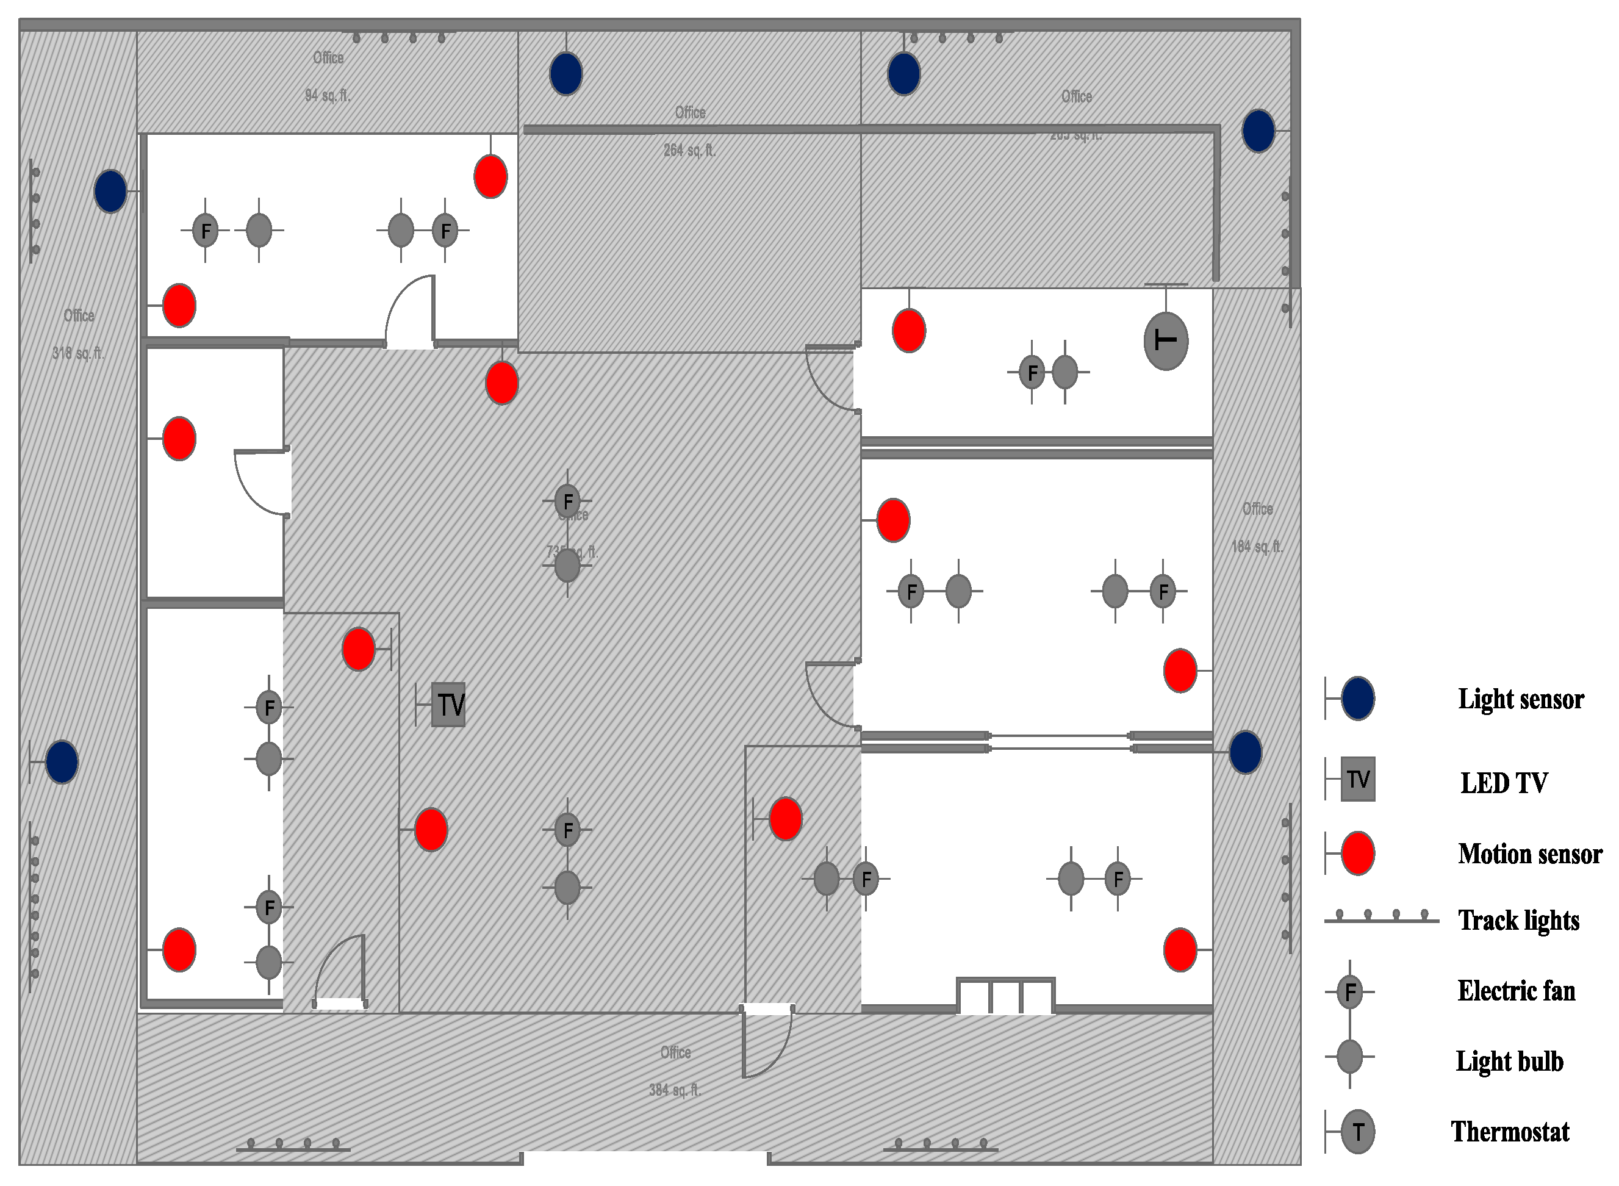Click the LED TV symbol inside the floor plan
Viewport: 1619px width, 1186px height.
click(x=448, y=704)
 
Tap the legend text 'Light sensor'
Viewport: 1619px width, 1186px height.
click(x=1520, y=699)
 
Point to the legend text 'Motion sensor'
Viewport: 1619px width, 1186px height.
click(x=1529, y=854)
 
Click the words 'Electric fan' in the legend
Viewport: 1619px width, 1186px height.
click(x=1516, y=991)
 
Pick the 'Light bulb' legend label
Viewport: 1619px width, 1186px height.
click(x=1509, y=1060)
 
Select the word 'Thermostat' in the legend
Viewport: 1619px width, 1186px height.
click(x=1510, y=1132)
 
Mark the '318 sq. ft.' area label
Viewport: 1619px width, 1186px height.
click(x=77, y=353)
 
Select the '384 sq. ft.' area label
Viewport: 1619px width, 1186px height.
click(x=675, y=1090)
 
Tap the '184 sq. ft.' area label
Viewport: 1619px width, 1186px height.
click(x=1257, y=547)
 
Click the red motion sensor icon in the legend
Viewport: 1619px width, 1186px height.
click(x=1357, y=854)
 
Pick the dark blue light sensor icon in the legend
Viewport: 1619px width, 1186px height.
click(x=1357, y=698)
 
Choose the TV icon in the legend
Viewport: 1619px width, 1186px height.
click(x=1357, y=779)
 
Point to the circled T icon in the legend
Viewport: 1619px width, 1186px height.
click(x=1357, y=1132)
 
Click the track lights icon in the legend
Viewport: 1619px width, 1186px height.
click(x=1380, y=918)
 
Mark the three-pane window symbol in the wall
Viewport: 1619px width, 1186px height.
click(x=1005, y=996)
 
